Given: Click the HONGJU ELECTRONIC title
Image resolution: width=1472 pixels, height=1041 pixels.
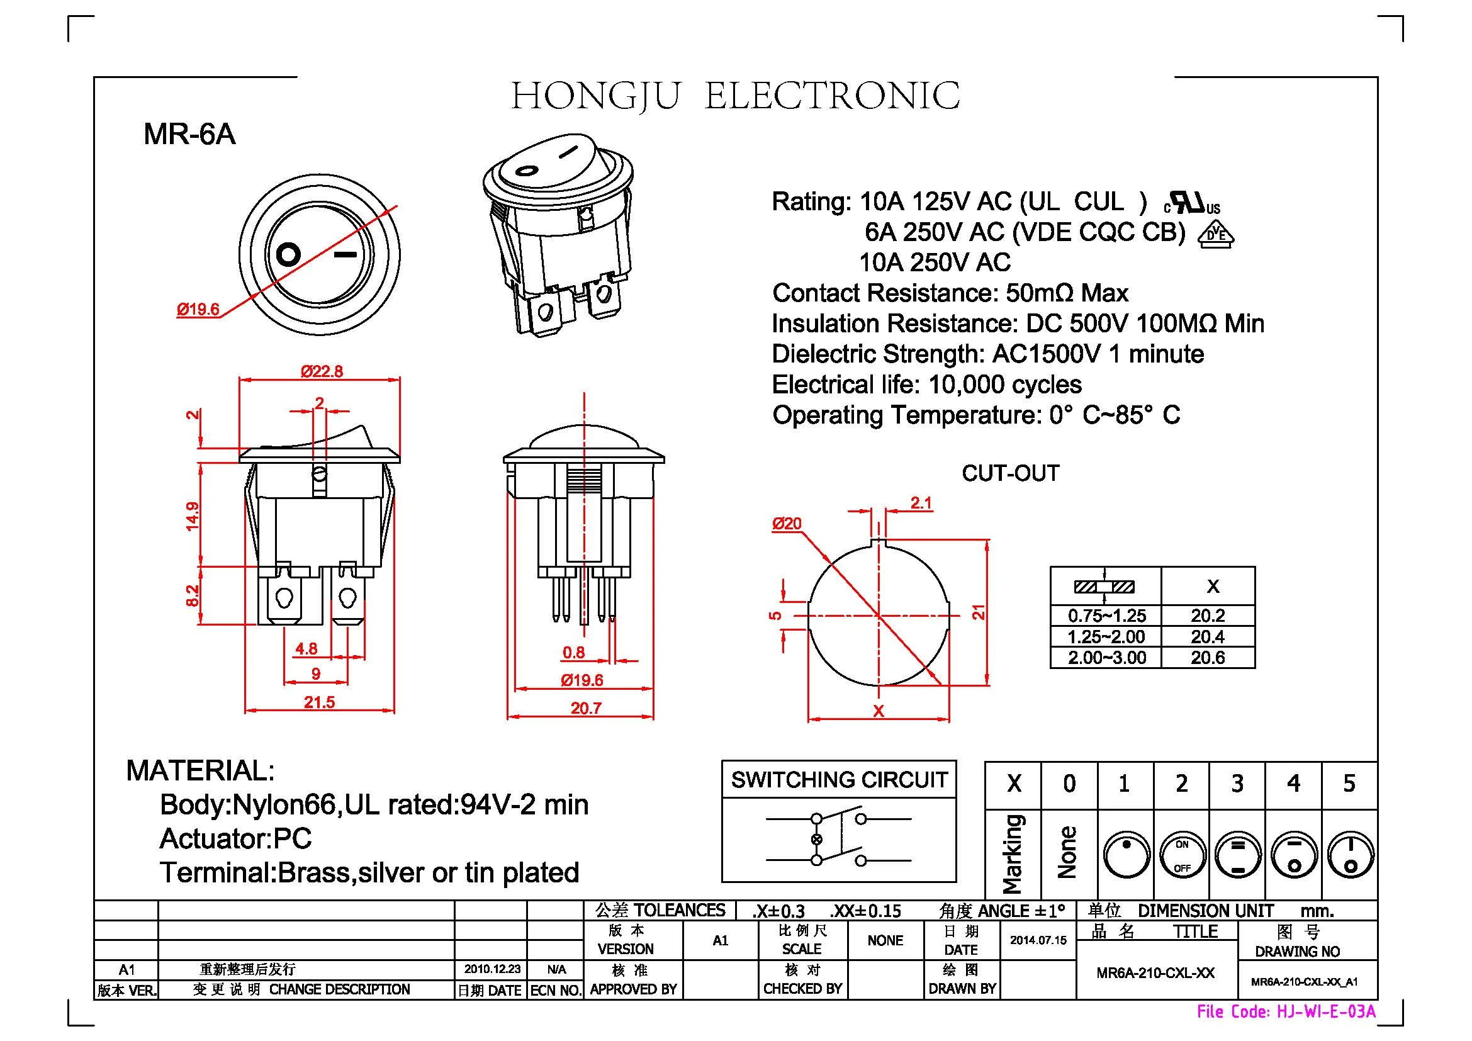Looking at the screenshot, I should click(x=734, y=96).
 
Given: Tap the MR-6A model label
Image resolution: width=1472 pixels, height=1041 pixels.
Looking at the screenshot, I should click(x=189, y=134).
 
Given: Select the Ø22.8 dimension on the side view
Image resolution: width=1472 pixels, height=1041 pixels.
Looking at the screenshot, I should click(x=322, y=371).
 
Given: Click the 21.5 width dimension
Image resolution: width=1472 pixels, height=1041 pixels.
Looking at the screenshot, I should click(x=319, y=702).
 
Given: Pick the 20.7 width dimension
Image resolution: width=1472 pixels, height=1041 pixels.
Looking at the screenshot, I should click(x=586, y=707).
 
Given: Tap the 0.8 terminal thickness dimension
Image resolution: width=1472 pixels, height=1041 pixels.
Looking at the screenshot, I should click(x=573, y=652).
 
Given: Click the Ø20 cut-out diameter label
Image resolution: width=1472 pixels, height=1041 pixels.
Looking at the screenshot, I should click(x=787, y=524).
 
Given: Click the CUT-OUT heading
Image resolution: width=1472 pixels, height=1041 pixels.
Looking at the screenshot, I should click(x=1011, y=473).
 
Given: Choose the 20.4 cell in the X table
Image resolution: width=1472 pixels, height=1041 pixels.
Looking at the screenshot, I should click(x=1208, y=636).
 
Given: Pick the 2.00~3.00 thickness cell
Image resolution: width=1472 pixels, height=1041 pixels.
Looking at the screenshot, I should click(x=1106, y=658).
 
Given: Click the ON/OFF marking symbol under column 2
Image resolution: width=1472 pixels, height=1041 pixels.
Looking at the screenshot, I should click(x=1183, y=856).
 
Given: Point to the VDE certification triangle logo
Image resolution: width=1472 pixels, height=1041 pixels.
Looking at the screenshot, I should click(x=1216, y=235).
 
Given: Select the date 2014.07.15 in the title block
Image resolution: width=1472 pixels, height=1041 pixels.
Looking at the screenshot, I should click(x=1038, y=940).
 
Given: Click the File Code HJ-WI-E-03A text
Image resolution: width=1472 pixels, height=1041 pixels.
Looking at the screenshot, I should click(x=1286, y=1011).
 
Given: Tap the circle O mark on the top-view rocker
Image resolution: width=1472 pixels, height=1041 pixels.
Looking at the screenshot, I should click(x=288, y=254).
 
